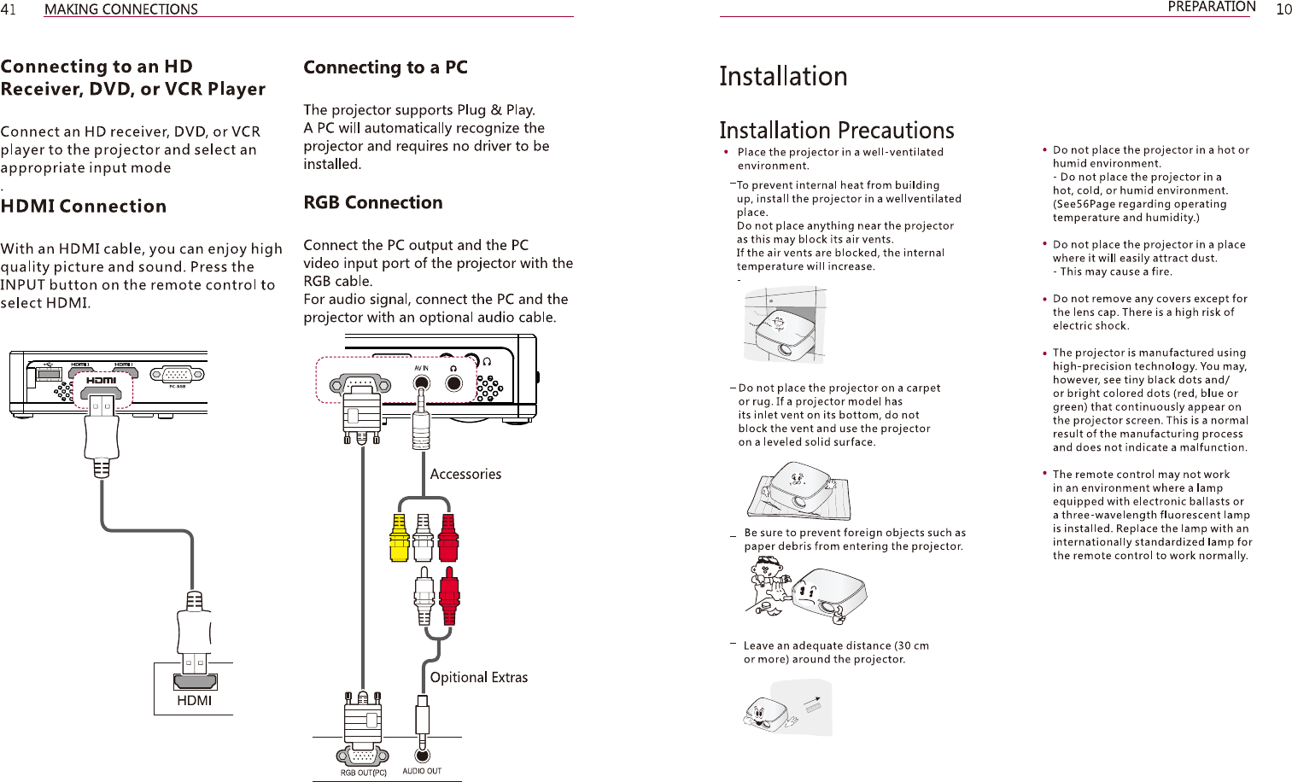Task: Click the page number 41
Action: click(x=8, y=9)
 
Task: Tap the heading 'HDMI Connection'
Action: click(x=84, y=206)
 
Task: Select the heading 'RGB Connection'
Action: click(x=373, y=202)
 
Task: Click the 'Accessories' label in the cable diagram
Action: click(x=465, y=474)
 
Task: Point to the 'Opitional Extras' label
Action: click(x=479, y=678)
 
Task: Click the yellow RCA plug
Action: click(x=399, y=538)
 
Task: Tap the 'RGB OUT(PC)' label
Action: click(x=364, y=773)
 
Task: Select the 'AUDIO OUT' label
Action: click(x=422, y=771)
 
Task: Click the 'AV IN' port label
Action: click(x=421, y=368)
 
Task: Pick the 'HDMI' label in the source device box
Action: click(x=195, y=701)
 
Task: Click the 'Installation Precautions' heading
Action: click(x=836, y=131)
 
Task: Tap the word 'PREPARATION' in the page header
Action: click(x=1212, y=7)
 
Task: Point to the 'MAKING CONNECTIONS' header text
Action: click(x=121, y=9)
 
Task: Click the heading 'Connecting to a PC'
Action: click(x=385, y=67)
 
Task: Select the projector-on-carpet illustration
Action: click(x=798, y=491)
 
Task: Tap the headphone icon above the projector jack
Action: click(x=453, y=369)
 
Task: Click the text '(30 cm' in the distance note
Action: click(x=911, y=646)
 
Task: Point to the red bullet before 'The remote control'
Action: click(x=1044, y=473)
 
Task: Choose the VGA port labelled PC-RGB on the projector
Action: click(x=177, y=375)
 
